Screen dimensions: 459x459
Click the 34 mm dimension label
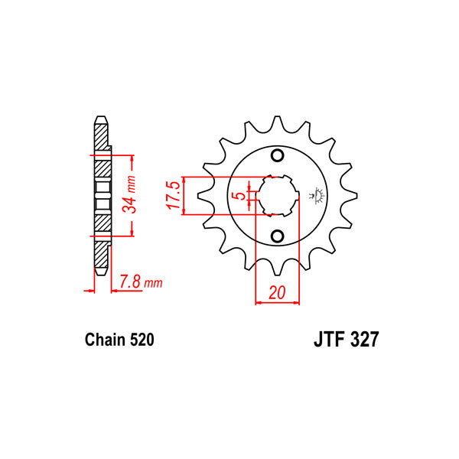[131, 195]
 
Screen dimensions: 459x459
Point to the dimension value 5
[240, 197]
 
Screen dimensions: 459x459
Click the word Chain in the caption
[102, 340]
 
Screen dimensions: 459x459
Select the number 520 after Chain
[142, 340]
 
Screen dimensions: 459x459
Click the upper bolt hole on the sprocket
[278, 158]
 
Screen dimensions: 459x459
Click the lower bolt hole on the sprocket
[278, 235]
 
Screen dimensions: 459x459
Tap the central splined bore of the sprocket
[278, 196]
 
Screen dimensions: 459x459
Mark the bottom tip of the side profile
[100, 273]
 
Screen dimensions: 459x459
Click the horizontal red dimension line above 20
[278, 302]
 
